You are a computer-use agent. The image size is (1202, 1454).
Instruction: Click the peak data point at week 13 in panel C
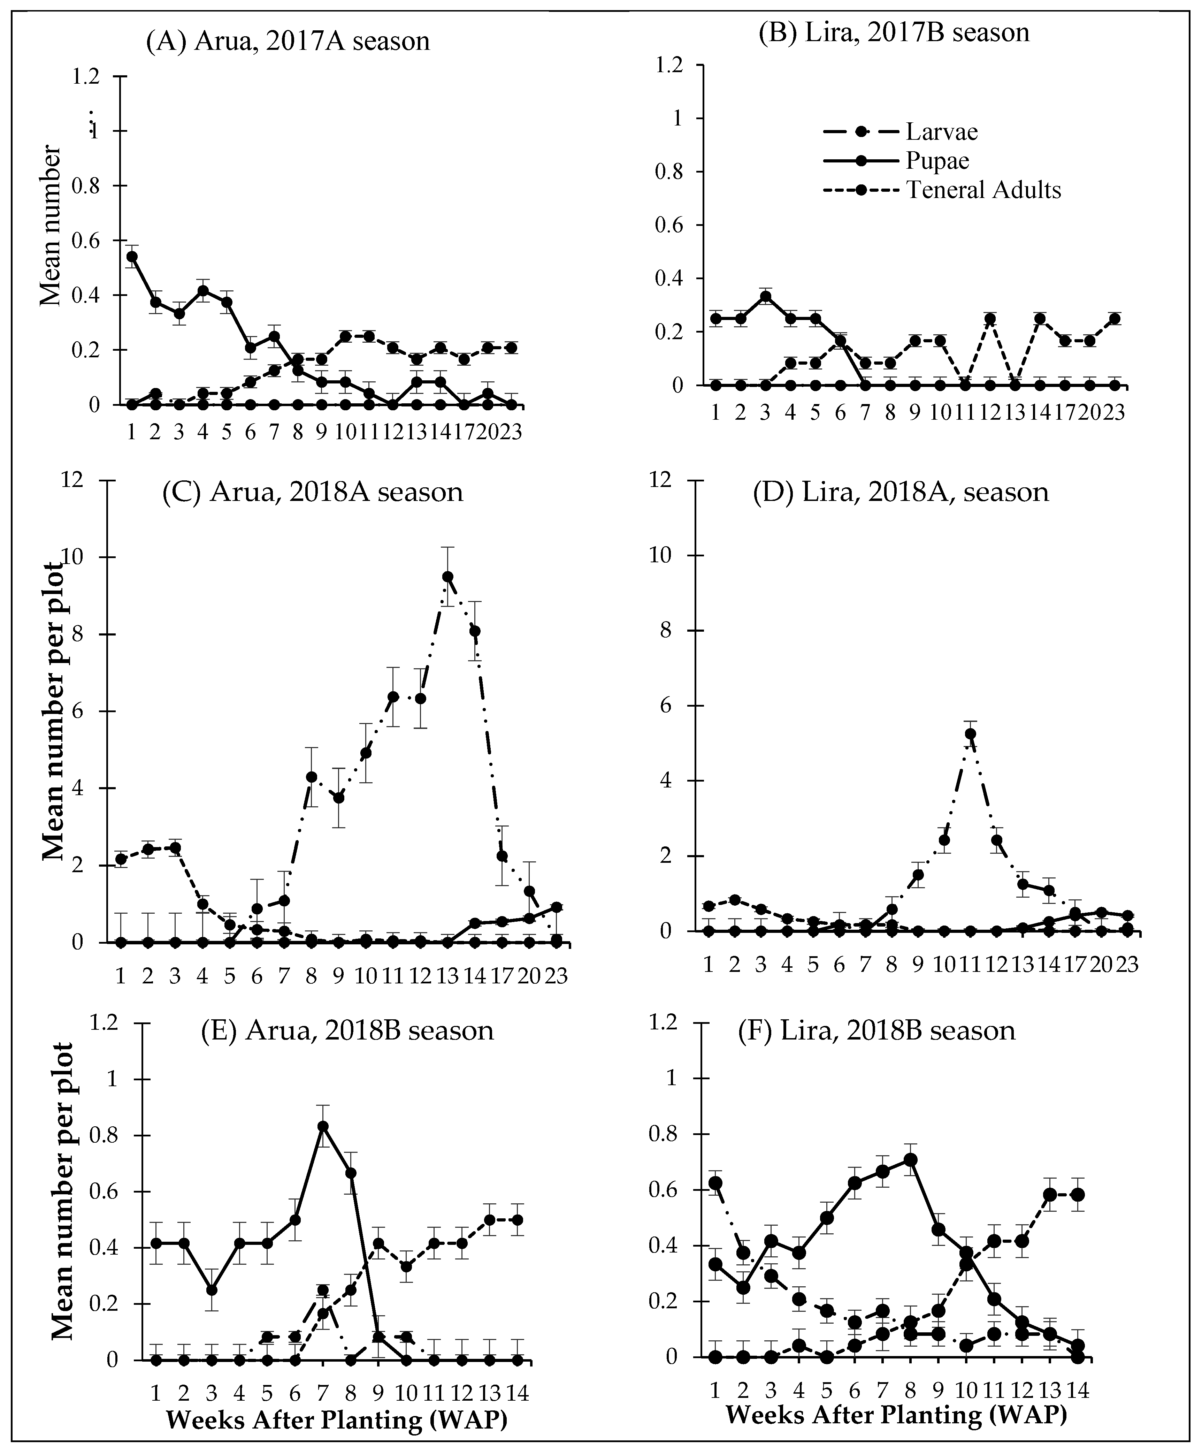point(448,577)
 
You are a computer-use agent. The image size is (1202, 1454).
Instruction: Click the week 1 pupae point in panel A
point(131,256)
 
